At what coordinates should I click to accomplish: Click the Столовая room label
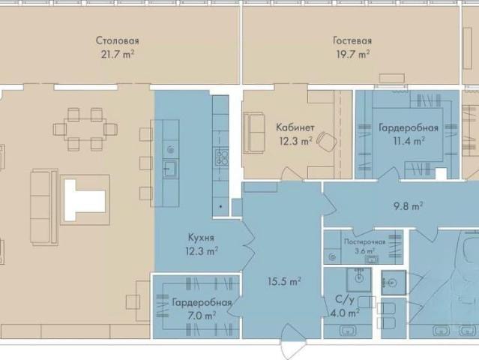tap(117, 40)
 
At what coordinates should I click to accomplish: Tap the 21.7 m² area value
tap(118, 55)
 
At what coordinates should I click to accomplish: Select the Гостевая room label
tap(352, 40)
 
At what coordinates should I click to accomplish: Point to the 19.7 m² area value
tap(353, 55)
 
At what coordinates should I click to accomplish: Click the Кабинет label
tap(295, 127)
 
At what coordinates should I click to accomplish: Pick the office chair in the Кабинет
tap(326, 140)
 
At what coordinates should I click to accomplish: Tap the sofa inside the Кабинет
tap(253, 132)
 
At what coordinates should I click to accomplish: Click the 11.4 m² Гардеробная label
tap(409, 127)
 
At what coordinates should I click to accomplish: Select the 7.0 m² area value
tap(202, 315)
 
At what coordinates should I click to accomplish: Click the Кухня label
tap(201, 238)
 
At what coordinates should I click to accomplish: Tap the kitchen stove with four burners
tap(222, 157)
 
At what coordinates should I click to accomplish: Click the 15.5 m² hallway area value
tap(284, 281)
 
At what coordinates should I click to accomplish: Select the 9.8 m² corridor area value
tap(408, 206)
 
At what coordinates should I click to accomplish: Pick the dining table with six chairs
tap(85, 130)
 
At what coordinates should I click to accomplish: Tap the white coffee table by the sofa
tap(85, 200)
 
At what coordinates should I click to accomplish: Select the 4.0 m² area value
tap(346, 313)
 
